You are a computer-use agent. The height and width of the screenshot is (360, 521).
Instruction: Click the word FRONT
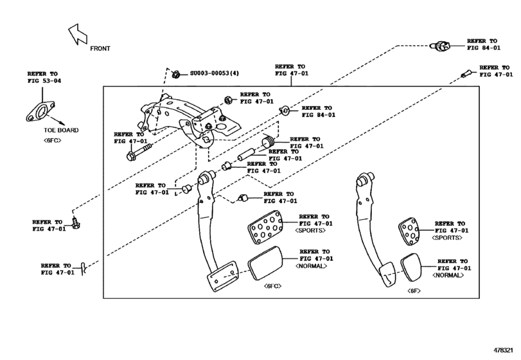pyautogui.click(x=101, y=48)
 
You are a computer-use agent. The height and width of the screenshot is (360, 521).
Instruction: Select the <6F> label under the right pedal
pyautogui.click(x=414, y=291)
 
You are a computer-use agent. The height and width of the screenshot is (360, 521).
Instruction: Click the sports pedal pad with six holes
pyautogui.click(x=264, y=229)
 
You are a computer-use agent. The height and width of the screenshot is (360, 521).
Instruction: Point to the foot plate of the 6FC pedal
pyautogui.click(x=220, y=279)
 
